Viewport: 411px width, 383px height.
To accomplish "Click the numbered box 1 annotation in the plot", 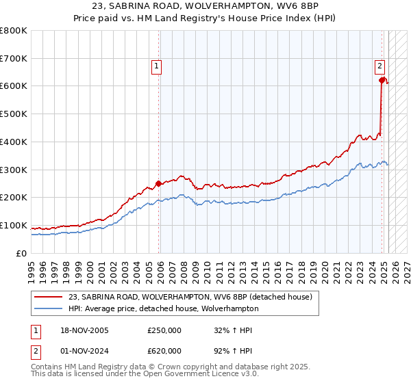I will pyautogui.click(x=157, y=66).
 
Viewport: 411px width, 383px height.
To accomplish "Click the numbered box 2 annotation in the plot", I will pyautogui.click(x=379, y=66).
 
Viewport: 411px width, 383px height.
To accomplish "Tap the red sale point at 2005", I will pyautogui.click(x=158, y=183).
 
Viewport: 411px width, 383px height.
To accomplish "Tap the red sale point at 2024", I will pyautogui.click(x=382, y=80).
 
